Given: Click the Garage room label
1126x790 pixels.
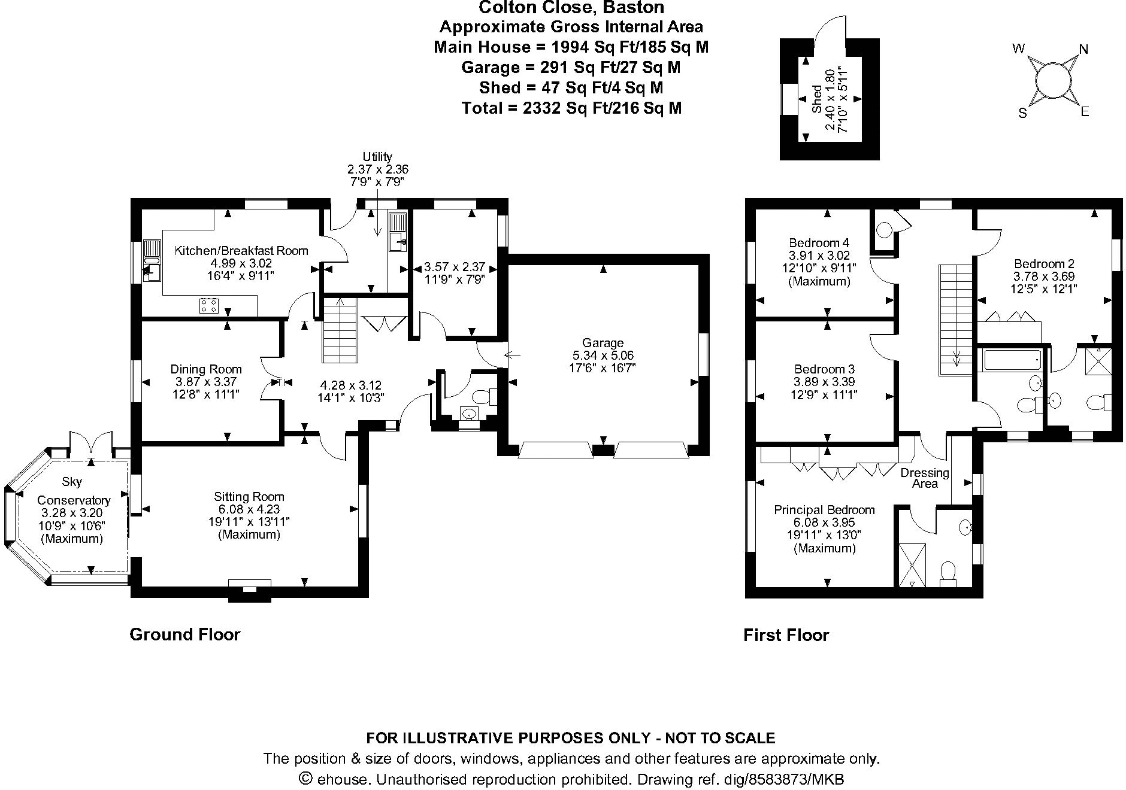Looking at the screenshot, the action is point(603,343).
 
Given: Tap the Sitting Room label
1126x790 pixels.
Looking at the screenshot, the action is point(249,497).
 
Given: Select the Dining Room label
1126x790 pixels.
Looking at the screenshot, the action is point(206,369).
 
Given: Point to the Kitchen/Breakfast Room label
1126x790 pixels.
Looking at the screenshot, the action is point(241,251).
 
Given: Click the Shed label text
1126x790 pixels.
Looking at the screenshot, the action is point(817,99).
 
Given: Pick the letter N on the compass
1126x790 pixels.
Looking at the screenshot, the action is point(1083,50).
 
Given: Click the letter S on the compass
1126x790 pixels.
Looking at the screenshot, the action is point(1023,113).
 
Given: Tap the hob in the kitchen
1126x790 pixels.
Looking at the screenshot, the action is point(210,306).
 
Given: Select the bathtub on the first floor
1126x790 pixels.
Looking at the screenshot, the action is point(1012,360).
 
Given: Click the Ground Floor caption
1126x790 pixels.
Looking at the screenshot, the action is point(185,634).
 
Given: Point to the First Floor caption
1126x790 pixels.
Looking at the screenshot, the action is point(786,635).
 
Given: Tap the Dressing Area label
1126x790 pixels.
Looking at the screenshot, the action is point(925,478).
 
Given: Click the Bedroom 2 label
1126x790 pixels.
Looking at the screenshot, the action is point(1044,264).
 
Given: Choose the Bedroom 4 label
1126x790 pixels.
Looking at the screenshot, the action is point(819,243).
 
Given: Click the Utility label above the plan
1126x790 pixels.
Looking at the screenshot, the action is point(377,157).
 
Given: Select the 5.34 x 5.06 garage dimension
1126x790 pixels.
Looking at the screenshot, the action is point(603,355).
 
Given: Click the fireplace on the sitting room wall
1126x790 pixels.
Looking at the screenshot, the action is point(250,590).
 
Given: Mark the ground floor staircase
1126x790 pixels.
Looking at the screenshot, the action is point(340,330).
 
